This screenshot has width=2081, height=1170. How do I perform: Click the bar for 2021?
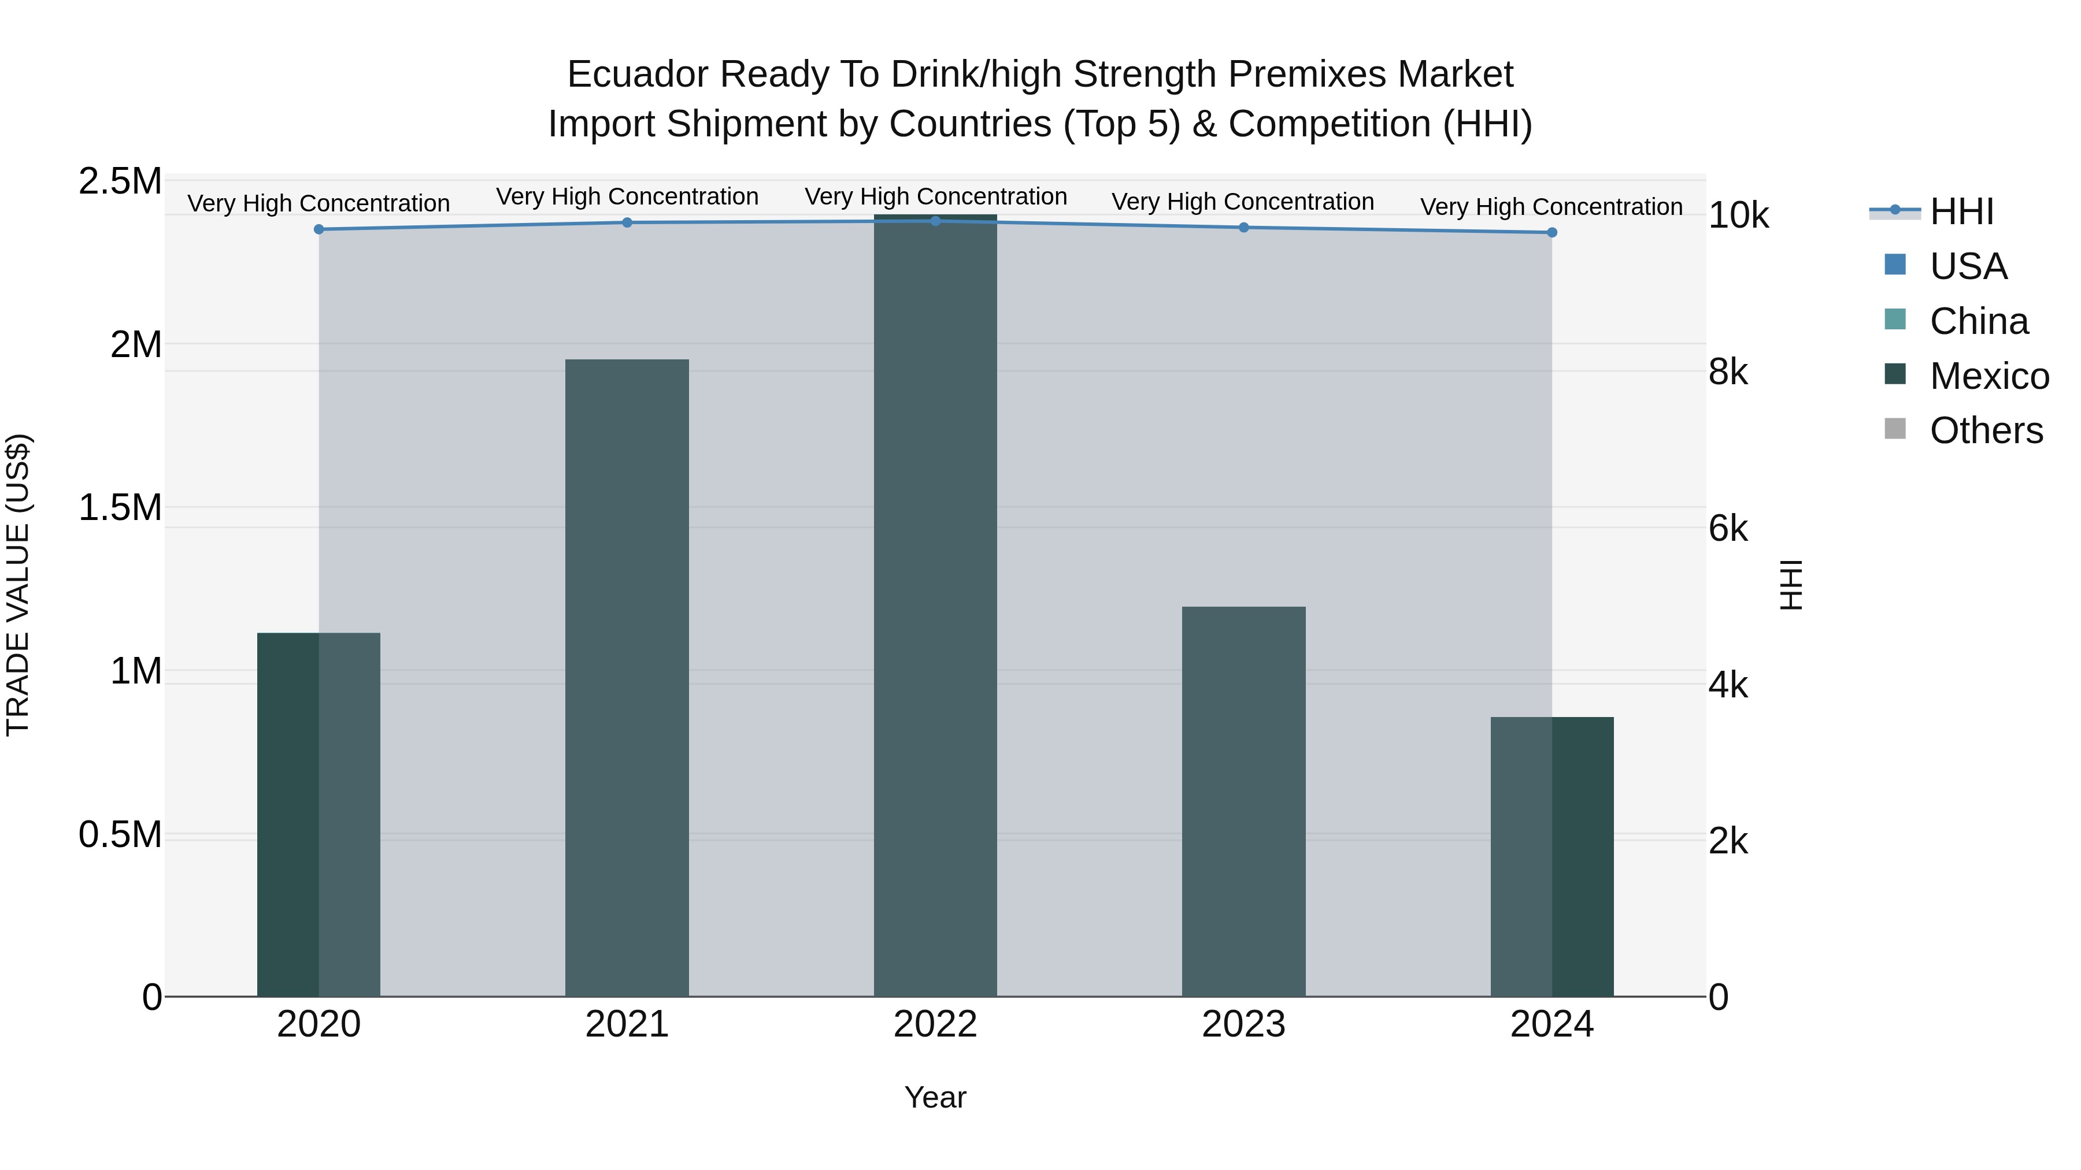tap(627, 678)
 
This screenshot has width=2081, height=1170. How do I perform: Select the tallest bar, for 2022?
tap(935, 606)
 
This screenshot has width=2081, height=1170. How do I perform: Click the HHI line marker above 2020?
tap(319, 229)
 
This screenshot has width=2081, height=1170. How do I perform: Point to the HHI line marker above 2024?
tap(1552, 232)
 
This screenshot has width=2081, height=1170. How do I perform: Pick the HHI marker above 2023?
tap(1244, 228)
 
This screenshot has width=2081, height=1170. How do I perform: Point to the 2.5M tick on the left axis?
tap(120, 181)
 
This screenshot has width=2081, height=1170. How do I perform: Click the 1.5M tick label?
tap(120, 508)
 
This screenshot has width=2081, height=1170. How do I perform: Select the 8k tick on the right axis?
tap(1729, 372)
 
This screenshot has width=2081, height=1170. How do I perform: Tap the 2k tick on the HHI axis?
tap(1729, 841)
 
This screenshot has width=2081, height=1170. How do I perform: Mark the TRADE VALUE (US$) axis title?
tap(18, 585)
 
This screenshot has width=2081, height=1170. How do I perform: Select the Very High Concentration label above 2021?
tap(627, 197)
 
